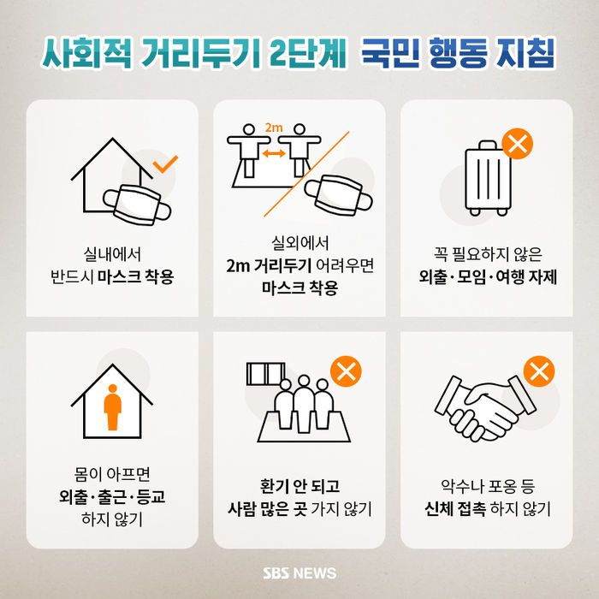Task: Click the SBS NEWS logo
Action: pos(299,573)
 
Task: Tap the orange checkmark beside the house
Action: pos(165,164)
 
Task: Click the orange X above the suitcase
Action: pos(517,144)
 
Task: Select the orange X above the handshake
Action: pos(539,371)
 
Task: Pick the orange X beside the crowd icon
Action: pos(346,371)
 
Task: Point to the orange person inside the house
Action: pos(113,407)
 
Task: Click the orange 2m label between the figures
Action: pos(274,128)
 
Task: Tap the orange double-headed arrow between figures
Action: pos(274,153)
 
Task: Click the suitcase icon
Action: pos(489,178)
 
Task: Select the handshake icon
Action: pos(486,409)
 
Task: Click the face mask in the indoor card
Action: pos(137,205)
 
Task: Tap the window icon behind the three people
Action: pos(265,374)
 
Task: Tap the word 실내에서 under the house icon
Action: pos(112,254)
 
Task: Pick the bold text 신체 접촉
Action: pos(455,508)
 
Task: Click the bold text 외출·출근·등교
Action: pos(112,496)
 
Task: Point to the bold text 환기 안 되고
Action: pos(299,486)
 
